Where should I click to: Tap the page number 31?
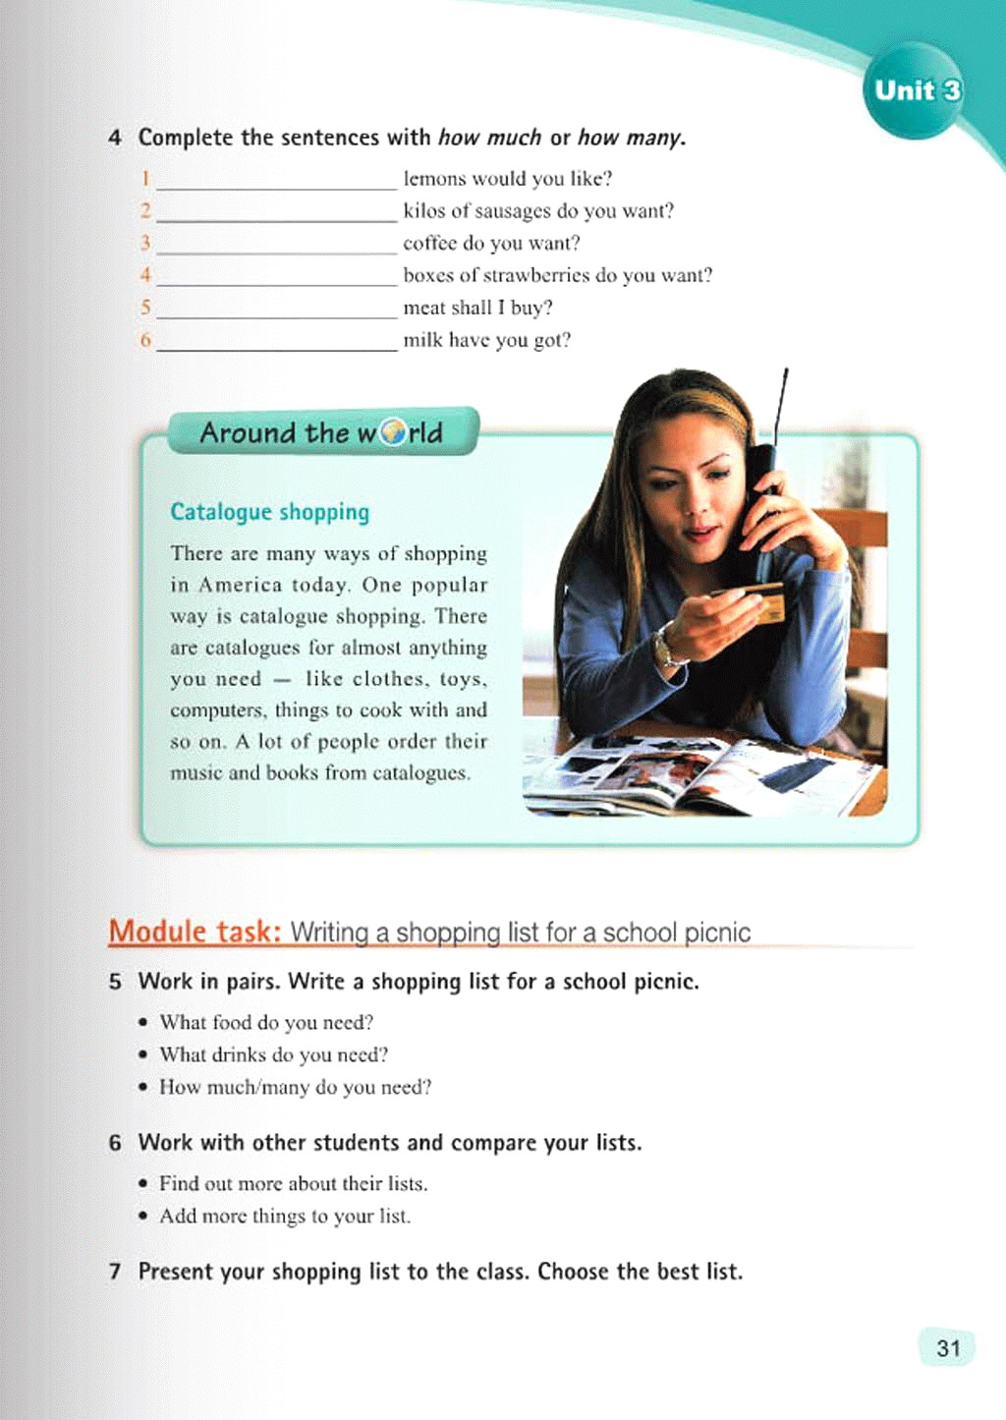[948, 1347]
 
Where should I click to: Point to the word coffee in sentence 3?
[429, 244]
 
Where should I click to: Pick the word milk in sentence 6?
[422, 341]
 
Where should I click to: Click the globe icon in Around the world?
[393, 432]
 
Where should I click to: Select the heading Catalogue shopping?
[270, 512]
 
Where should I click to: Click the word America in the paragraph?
[240, 586]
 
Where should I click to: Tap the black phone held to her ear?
[762, 491]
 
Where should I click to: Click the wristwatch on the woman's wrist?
[667, 650]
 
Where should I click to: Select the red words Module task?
[195, 931]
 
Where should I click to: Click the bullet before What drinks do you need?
[143, 1055]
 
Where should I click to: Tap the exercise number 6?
[116, 1143]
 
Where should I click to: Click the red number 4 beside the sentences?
[145, 276]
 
